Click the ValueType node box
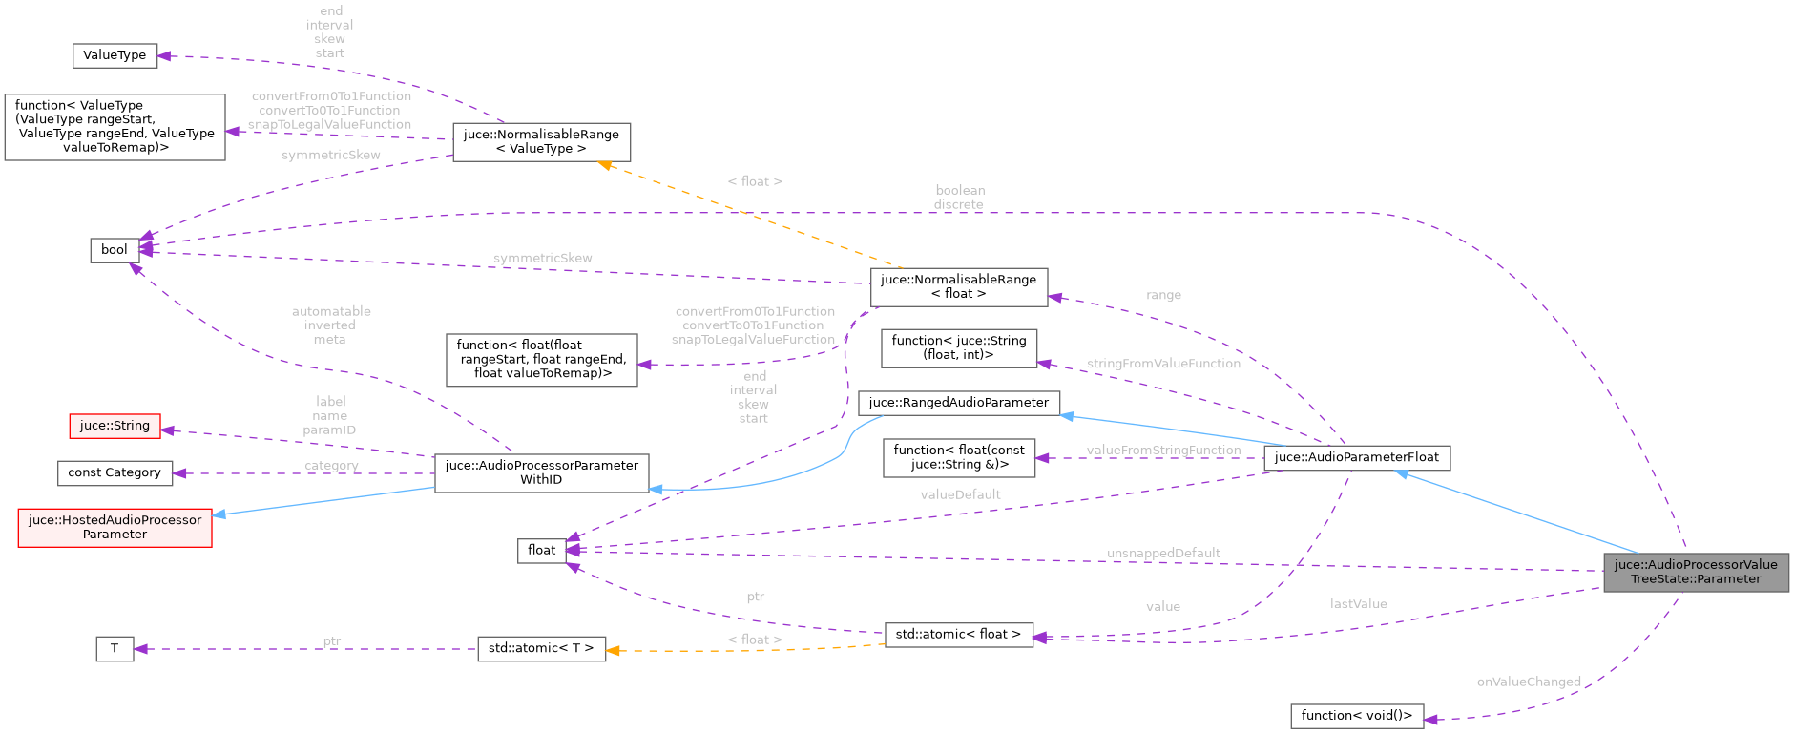pos(115,55)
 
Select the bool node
pos(115,250)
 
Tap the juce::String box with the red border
pos(115,426)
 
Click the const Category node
pos(115,472)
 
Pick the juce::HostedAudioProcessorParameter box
pos(115,527)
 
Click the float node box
pos(541,550)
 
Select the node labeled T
pos(115,649)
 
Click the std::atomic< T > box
pos(541,648)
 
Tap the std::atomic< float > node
pos(958,634)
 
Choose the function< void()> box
pos(1356,716)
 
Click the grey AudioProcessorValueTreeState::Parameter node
pos(1696,572)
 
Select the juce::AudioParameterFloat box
pos(1356,457)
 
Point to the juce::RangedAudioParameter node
pos(958,403)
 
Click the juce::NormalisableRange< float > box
pos(958,286)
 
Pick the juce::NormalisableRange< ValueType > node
pos(541,141)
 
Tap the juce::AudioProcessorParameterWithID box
pos(541,472)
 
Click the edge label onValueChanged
pos(1528,682)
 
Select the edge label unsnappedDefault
pos(1163,554)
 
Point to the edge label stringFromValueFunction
pos(1163,364)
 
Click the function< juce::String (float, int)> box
pos(958,347)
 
